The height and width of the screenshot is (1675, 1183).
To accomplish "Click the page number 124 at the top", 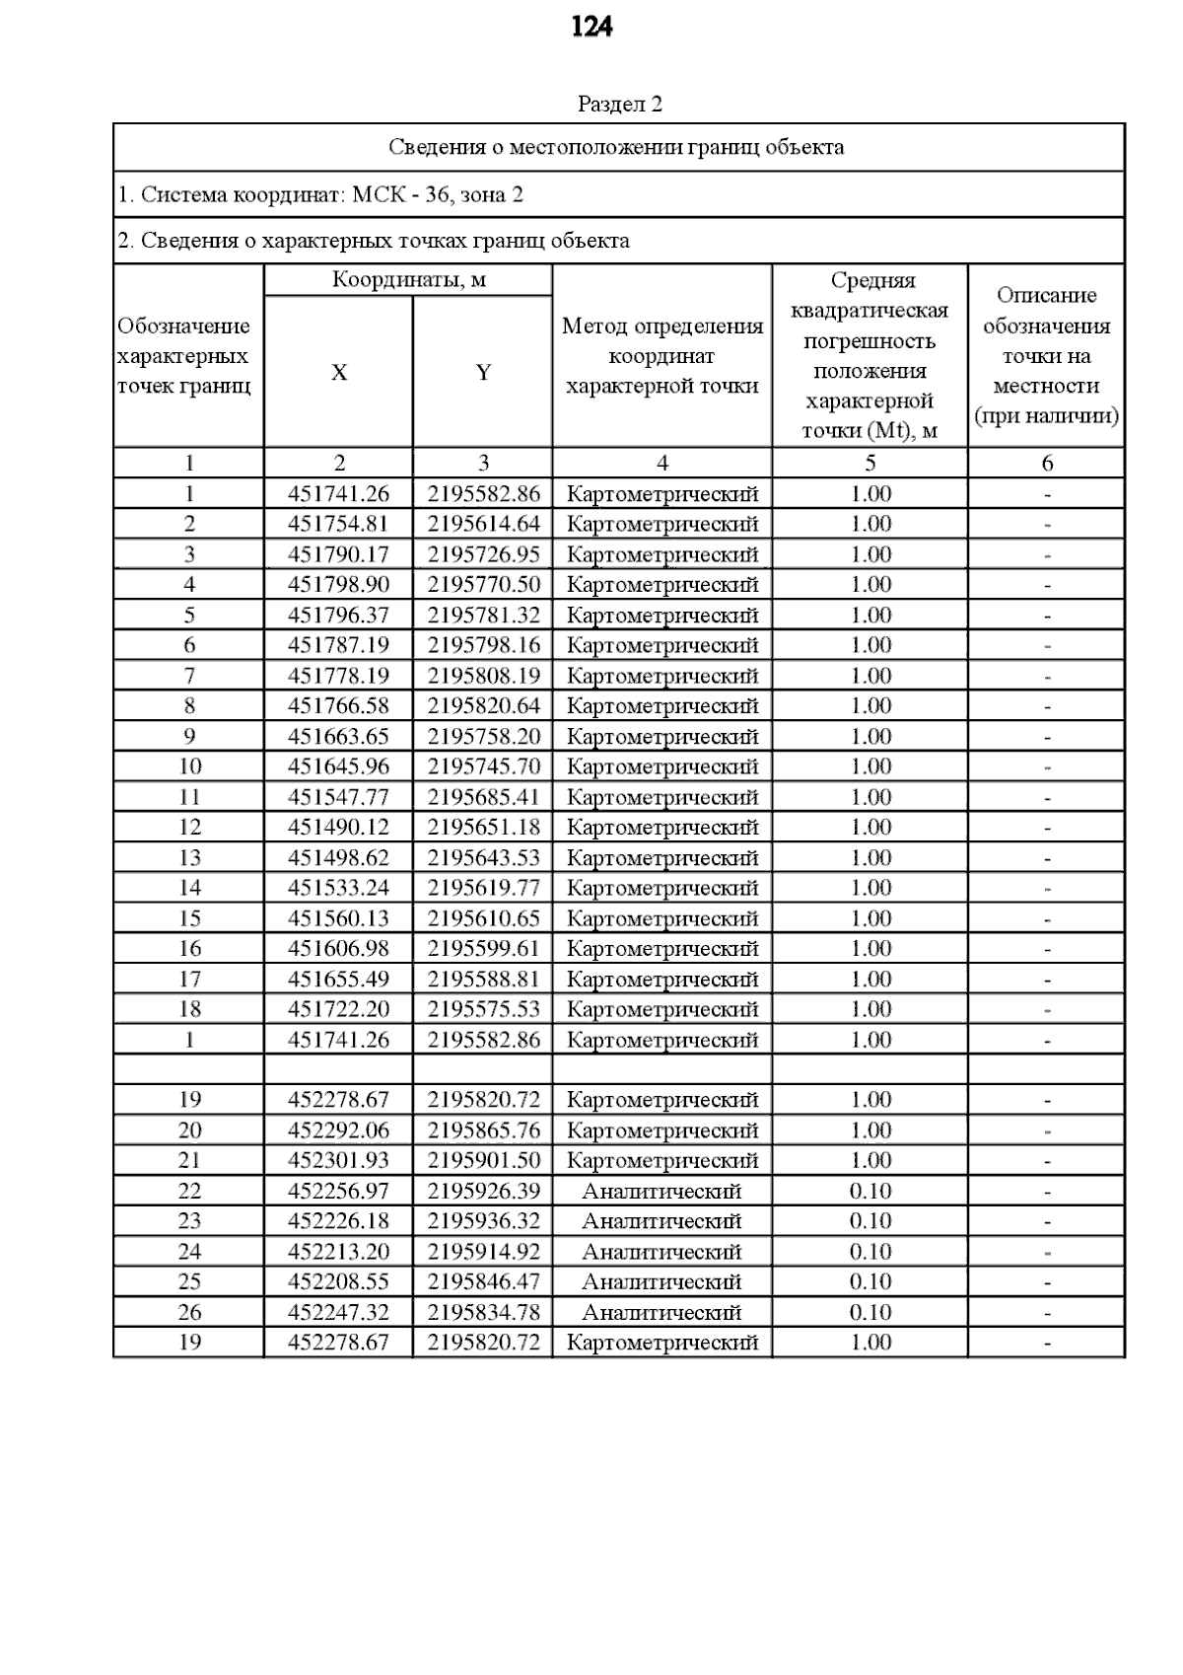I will [591, 27].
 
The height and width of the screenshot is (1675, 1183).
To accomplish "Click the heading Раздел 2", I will [619, 105].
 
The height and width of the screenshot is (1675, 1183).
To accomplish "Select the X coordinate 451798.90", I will [338, 585].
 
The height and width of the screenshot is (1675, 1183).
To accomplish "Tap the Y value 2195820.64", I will [483, 706].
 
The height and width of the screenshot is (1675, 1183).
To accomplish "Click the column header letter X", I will [338, 373].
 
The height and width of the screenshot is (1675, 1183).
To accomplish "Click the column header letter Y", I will [483, 373].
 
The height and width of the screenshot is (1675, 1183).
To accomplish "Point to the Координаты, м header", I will [408, 280].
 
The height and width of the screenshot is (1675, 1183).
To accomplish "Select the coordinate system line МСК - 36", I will [320, 194].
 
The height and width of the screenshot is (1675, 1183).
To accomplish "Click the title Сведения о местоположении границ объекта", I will [616, 148].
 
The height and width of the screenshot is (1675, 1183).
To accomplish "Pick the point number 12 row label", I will [189, 828].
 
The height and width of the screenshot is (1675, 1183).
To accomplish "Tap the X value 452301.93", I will [338, 1161].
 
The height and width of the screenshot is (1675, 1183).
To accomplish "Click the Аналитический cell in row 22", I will [661, 1192].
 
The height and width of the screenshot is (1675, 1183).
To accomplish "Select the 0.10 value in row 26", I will [870, 1313].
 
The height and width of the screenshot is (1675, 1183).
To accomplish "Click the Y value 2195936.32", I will [483, 1221].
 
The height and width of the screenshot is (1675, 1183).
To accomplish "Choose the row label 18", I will [189, 1009].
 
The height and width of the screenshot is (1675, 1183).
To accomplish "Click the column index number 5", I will [870, 464].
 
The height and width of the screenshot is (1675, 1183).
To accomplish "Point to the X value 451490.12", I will [338, 828].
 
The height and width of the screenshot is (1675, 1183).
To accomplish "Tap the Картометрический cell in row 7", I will [661, 677].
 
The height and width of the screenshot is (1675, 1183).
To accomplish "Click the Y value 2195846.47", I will [483, 1282].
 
